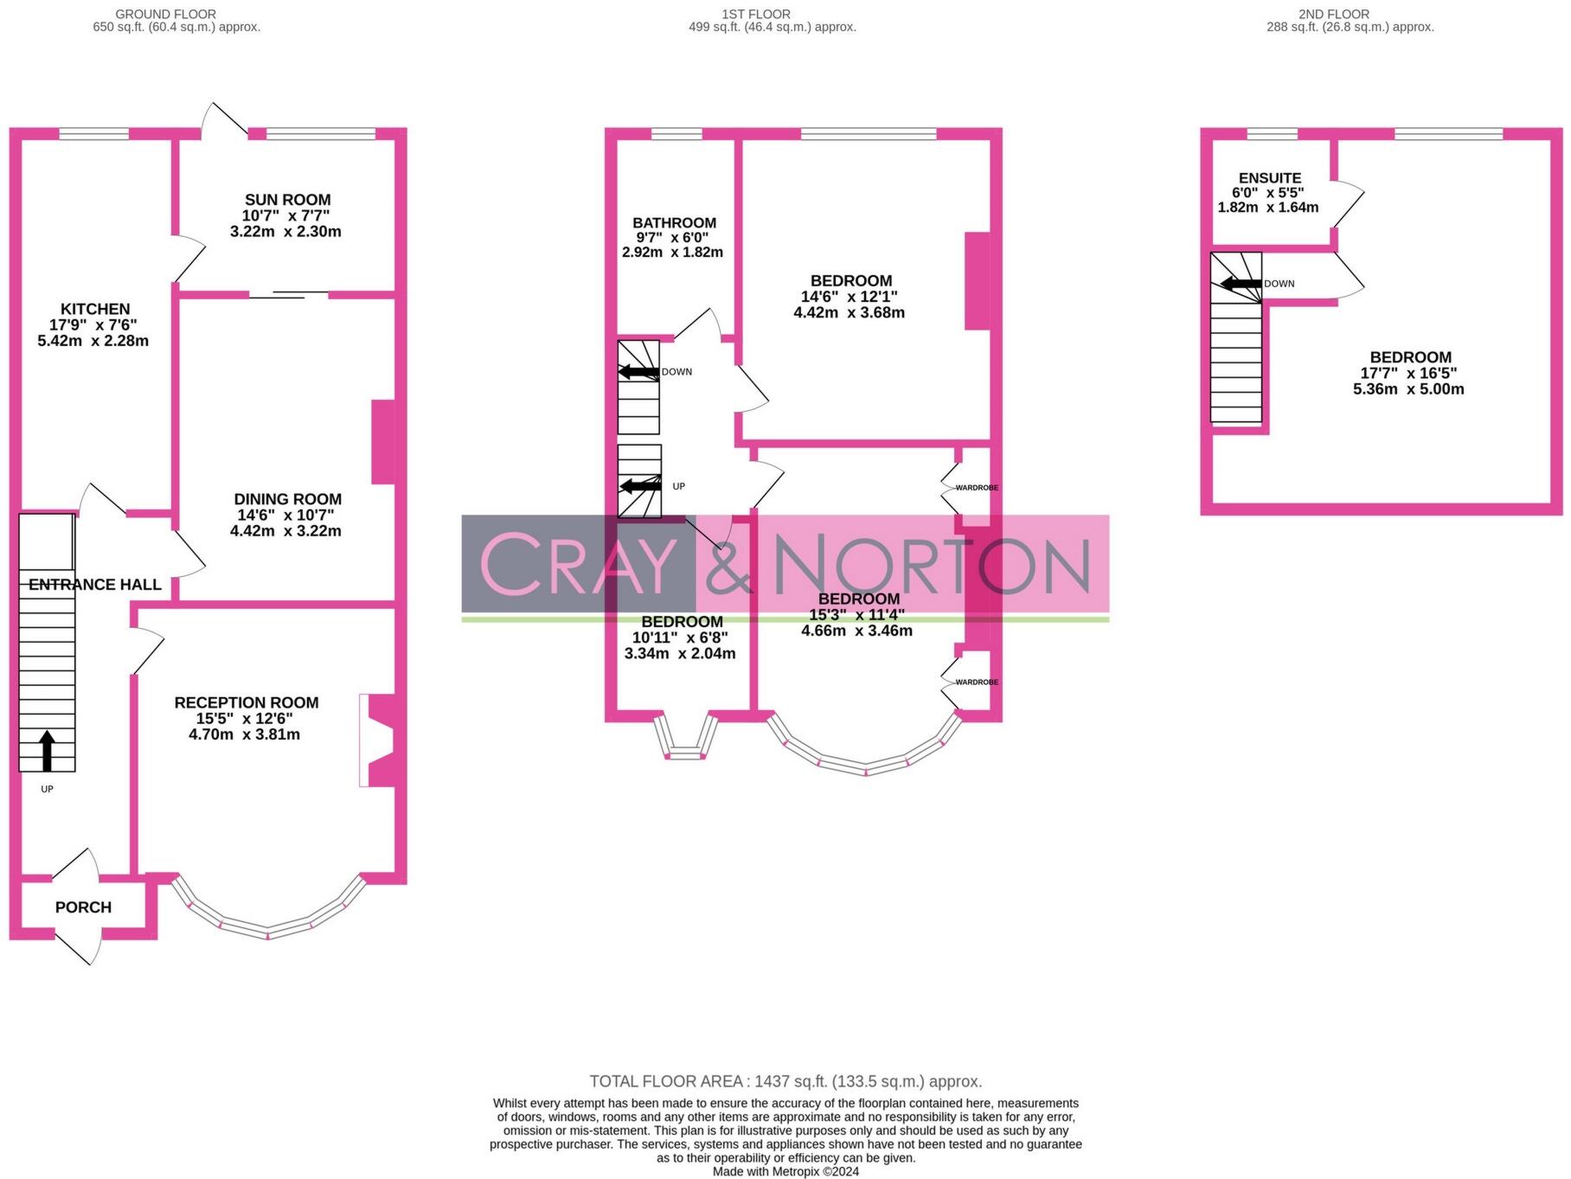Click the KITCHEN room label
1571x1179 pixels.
click(95, 309)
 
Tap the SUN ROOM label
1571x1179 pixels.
click(287, 200)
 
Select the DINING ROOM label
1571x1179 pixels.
click(287, 499)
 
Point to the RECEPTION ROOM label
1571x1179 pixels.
click(247, 703)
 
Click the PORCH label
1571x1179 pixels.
click(83, 907)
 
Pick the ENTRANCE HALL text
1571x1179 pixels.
click(95, 585)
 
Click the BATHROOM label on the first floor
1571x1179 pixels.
click(674, 223)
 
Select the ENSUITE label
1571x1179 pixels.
click(1269, 178)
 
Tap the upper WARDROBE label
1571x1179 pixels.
click(977, 488)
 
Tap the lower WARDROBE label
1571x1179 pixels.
click(977, 682)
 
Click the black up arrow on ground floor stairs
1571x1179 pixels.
click(47, 751)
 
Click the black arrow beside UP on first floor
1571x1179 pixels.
click(640, 486)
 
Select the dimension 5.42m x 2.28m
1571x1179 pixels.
click(93, 341)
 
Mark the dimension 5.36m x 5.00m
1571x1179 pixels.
click(1408, 389)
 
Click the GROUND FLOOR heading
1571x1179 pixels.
click(166, 14)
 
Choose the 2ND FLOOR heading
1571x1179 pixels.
click(1333, 14)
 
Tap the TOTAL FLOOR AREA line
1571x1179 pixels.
click(785, 1081)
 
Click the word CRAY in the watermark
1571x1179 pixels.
click(578, 565)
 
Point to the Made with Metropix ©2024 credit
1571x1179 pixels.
click(785, 1171)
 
